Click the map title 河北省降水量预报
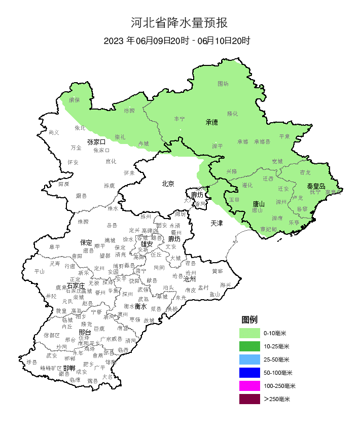[179, 23]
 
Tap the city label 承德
[211, 122]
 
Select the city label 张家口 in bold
[96, 142]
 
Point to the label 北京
[168, 184]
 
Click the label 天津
[217, 223]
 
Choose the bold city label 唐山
[259, 204]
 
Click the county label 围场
[223, 83]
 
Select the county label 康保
[75, 100]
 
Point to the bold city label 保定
[86, 242]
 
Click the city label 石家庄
[76, 286]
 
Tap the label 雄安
[147, 244]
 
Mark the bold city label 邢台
[85, 332]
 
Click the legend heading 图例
[249, 319]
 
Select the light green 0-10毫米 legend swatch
[249, 333]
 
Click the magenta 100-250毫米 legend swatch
[249, 386]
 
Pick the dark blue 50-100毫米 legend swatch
[249, 373]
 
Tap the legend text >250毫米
[276, 400]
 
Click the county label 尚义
[54, 132]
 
